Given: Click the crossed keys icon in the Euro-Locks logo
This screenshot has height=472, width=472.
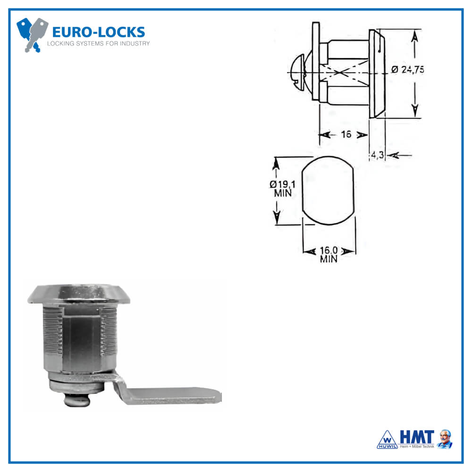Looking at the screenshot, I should pyautogui.click(x=32, y=34).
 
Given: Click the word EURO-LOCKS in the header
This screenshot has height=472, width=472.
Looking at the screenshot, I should pyautogui.click(x=98, y=33).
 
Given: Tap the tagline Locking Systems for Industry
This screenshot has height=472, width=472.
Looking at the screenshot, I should pyautogui.click(x=98, y=43).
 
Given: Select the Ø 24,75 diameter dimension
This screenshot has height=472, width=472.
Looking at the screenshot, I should pyautogui.click(x=408, y=69).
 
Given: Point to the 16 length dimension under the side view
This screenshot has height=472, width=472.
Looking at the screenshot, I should pyautogui.click(x=346, y=135).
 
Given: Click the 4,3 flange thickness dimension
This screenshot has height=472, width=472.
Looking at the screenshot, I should pyautogui.click(x=377, y=154).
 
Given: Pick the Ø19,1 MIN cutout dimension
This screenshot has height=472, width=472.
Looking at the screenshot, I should pyautogui.click(x=283, y=188).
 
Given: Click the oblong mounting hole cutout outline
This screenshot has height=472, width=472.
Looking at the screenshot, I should pyautogui.click(x=328, y=190).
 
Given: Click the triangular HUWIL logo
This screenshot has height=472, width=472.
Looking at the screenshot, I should pyautogui.click(x=387, y=439).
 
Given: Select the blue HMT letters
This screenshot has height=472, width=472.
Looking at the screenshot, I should pyautogui.click(x=416, y=436).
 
